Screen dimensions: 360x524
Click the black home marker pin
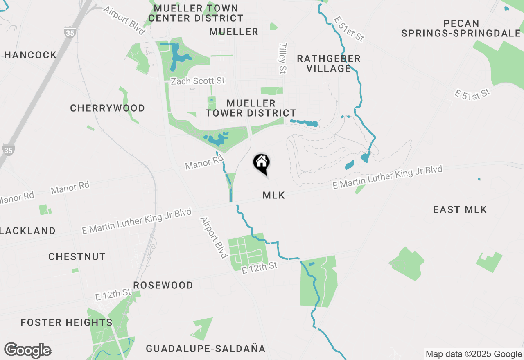point(262,163)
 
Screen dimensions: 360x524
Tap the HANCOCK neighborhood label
point(30,55)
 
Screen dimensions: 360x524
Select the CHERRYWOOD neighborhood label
point(107,108)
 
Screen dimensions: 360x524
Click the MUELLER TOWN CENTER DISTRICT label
point(196,13)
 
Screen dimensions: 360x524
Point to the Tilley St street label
point(282,59)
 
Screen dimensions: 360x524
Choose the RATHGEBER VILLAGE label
point(329,63)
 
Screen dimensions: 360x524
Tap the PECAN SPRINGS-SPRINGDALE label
point(461,28)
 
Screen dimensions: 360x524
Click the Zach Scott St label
point(198,81)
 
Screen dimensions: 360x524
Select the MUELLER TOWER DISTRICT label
point(251,108)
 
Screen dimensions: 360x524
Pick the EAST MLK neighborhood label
point(460,210)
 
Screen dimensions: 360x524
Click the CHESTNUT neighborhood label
point(77,256)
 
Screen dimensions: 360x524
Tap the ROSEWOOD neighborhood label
point(163,285)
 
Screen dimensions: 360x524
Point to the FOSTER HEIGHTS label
point(66,323)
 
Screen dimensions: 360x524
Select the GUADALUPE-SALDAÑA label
point(206,349)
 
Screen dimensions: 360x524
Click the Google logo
point(27,351)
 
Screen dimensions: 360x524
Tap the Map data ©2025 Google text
point(473,354)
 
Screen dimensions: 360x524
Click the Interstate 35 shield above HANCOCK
point(70,32)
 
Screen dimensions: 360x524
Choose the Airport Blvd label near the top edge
point(124,20)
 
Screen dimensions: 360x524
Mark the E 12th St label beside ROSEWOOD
point(113,294)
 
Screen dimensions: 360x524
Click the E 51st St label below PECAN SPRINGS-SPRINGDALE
point(472,94)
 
